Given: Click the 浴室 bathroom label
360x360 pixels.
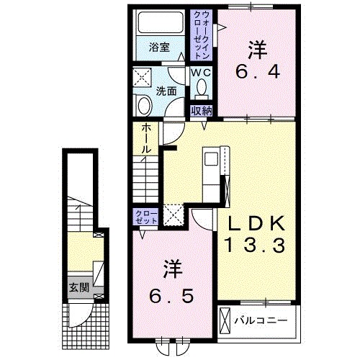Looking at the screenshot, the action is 159,48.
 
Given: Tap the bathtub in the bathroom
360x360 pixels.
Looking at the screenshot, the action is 160,22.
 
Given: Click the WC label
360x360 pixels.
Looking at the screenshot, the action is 201,73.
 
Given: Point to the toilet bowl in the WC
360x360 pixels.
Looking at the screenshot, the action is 202,89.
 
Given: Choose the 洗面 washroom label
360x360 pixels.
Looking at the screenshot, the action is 166,91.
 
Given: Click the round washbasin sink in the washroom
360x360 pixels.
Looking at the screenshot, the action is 145,106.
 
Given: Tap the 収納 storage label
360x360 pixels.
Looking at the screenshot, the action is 202,111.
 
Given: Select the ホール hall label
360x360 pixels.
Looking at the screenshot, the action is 146,139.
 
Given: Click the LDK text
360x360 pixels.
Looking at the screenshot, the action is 256,223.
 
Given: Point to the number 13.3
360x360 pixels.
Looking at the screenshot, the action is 256,245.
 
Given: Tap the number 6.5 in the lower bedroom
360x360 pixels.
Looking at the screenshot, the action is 171,296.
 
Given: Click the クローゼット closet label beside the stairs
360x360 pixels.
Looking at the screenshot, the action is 146,217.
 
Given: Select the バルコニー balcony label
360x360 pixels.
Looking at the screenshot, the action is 261,320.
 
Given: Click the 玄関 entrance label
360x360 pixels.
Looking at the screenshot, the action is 79,287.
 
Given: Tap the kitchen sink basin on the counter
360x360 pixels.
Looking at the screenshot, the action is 211,159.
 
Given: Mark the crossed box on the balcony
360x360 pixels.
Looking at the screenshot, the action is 225,320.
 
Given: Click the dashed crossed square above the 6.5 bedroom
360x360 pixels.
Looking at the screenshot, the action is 173,215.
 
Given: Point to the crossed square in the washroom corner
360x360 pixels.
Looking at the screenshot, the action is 142,77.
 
